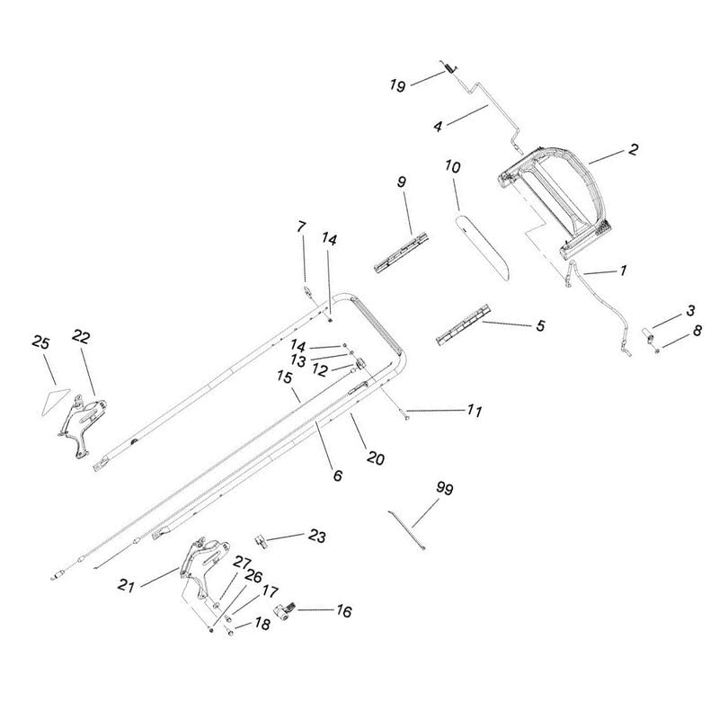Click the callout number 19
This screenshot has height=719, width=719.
(396, 85)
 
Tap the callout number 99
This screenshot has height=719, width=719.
(444, 489)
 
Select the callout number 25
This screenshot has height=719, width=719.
(40, 342)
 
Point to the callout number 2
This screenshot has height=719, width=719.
(633, 150)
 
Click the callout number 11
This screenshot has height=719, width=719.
(474, 412)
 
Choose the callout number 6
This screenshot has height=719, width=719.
(337, 475)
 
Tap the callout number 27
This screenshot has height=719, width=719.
(241, 562)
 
